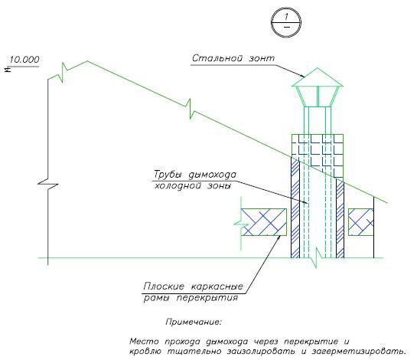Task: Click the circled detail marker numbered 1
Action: click(x=286, y=22)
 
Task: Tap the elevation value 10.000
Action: click(x=24, y=60)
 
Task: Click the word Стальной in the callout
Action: click(x=217, y=58)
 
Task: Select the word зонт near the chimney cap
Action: click(x=262, y=58)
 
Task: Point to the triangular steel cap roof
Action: click(x=318, y=77)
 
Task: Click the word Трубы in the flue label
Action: click(x=168, y=175)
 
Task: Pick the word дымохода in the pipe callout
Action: click(x=212, y=175)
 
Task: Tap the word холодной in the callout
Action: click(x=178, y=185)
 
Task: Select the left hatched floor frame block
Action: click(x=263, y=222)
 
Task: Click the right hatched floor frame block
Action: click(x=361, y=222)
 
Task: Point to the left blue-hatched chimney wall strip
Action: click(x=295, y=208)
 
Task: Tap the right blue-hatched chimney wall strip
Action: click(x=340, y=219)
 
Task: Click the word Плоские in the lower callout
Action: click(x=164, y=286)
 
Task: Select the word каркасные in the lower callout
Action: click(x=217, y=286)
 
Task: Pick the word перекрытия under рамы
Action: click(x=207, y=298)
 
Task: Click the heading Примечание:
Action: click(x=194, y=322)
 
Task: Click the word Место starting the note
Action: click(x=144, y=341)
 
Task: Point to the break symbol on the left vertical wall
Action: click(x=48, y=184)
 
